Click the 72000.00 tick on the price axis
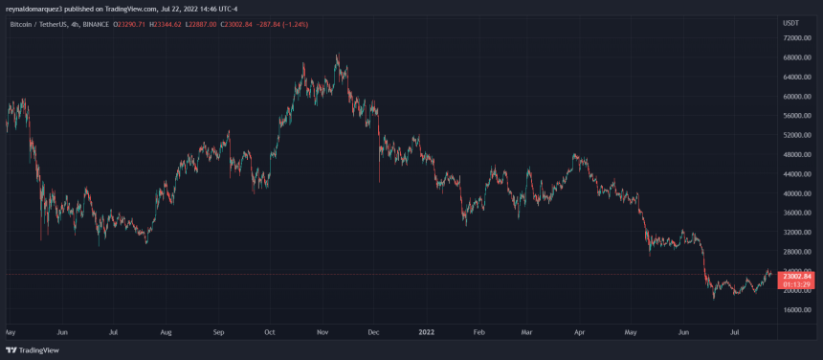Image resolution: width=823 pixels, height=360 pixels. pos(798,38)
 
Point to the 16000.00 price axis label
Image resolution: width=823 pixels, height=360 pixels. pos(798,309)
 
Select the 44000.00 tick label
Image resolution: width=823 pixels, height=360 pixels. pos(798,174)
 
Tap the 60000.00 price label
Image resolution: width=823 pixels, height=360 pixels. pos(798,97)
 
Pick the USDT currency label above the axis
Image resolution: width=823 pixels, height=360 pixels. pos(790,21)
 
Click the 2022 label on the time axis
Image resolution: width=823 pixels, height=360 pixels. pos(428,332)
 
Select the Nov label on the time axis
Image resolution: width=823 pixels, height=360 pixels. pos(323,332)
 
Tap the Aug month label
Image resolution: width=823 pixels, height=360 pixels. pos(166,332)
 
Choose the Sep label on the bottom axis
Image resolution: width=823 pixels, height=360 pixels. pos(217,332)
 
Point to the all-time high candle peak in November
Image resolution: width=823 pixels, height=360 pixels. pos(337,55)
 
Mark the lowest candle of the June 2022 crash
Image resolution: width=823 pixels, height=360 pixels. pos(714,299)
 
